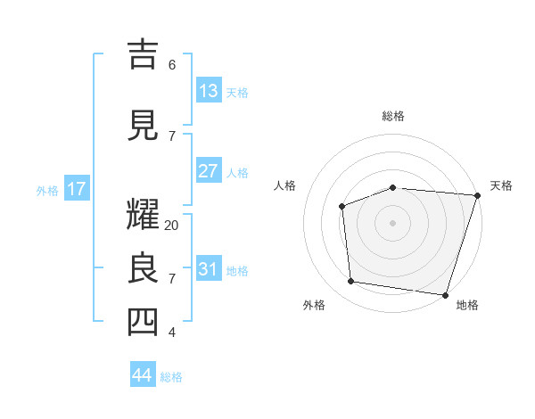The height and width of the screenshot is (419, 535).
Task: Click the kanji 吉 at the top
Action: [x=142, y=55]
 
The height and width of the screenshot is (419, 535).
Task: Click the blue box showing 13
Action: [x=208, y=91]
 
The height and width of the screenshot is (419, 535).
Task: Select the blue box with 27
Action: [x=208, y=171]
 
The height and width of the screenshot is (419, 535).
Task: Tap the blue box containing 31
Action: [x=208, y=269]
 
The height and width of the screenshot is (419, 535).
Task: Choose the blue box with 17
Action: [x=76, y=189]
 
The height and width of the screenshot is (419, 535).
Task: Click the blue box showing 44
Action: [x=143, y=375]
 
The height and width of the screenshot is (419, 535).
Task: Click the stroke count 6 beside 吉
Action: [x=171, y=64]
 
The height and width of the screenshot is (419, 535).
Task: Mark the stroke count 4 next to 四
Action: [x=171, y=333]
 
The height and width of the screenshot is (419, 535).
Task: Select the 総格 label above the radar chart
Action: [x=392, y=116]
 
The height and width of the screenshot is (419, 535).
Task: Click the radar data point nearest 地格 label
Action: [x=445, y=294]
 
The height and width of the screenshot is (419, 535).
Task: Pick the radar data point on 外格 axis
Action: [x=351, y=282]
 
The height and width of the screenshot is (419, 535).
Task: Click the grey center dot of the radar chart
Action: [x=392, y=222]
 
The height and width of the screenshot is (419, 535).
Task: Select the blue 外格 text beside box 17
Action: [x=46, y=190]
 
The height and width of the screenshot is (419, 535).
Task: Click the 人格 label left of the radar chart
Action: [x=284, y=185]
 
